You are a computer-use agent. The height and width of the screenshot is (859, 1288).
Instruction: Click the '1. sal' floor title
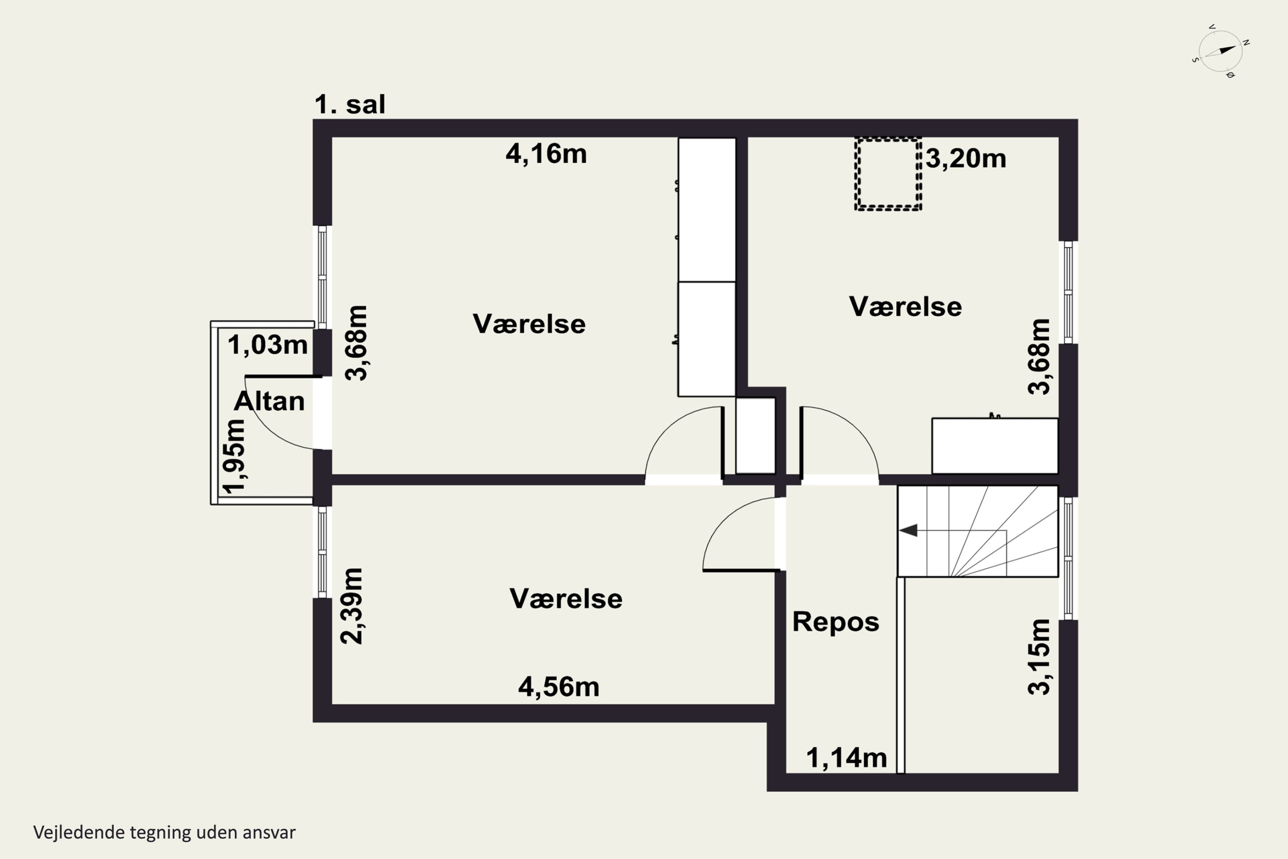tap(350, 104)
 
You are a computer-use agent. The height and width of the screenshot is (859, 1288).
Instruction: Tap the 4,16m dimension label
tap(546, 154)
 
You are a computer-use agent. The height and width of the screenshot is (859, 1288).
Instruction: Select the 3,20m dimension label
tap(966, 159)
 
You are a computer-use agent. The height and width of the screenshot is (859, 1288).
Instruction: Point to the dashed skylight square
tap(888, 174)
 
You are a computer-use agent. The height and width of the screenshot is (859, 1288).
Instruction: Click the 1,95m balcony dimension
tap(234, 456)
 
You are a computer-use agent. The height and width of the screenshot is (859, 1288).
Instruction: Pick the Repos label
tap(835, 622)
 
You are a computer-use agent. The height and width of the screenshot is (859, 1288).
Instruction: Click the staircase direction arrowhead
tap(908, 530)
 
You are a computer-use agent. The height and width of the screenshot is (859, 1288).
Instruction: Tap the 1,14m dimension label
tap(846, 758)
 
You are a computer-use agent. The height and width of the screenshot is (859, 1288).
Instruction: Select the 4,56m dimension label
tap(559, 687)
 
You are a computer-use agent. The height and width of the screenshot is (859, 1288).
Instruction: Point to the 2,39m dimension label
tap(352, 606)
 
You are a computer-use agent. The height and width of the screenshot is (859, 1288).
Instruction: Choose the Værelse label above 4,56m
tap(566, 598)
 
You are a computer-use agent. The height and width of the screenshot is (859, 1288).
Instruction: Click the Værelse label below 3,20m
tap(905, 306)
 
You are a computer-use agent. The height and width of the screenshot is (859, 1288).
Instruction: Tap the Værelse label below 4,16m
tap(529, 324)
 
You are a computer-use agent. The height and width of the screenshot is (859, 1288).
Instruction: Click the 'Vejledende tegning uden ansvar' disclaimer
tap(164, 832)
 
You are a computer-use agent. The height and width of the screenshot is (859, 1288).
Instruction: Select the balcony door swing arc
tap(268, 427)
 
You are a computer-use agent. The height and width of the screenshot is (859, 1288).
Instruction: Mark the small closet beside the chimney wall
tap(755, 436)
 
